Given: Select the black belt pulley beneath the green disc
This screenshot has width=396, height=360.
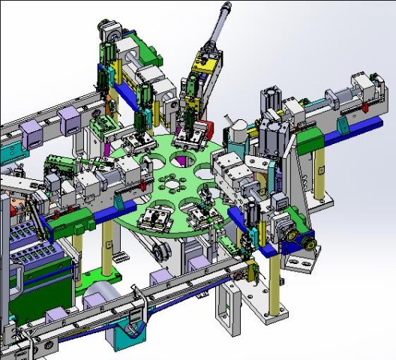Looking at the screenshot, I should tap(157, 251).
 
